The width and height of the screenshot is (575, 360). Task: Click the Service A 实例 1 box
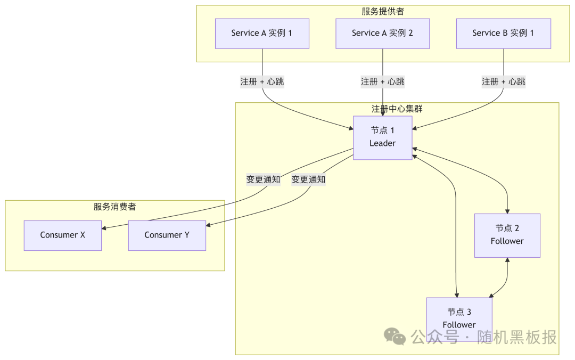pyautogui.click(x=262, y=34)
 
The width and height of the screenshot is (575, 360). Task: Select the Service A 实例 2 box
pyautogui.click(x=382, y=34)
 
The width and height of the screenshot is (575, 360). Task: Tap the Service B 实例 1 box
pyautogui.click(x=503, y=34)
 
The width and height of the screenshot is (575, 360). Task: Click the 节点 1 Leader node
pyautogui.click(x=382, y=137)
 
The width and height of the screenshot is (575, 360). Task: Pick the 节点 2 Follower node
pyautogui.click(x=507, y=235)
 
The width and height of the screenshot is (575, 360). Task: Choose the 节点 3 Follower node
pyautogui.click(x=459, y=318)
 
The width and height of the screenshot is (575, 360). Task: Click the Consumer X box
pyautogui.click(x=62, y=235)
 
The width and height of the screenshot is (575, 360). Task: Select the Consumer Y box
pyautogui.click(x=167, y=235)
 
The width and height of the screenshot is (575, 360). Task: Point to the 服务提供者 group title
pyautogui.click(x=382, y=11)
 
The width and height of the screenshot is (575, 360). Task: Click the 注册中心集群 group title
pyautogui.click(x=397, y=109)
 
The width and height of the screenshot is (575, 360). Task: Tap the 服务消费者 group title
pyautogui.click(x=114, y=207)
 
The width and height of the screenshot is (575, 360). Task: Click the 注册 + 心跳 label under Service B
pyautogui.click(x=503, y=81)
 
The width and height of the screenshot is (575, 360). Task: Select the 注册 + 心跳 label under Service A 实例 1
pyautogui.click(x=262, y=81)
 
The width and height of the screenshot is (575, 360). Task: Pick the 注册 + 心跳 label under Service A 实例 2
pyautogui.click(x=382, y=81)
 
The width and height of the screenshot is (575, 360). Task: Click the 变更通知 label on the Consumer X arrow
pyautogui.click(x=263, y=179)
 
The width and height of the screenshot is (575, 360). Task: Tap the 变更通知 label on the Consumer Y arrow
pyautogui.click(x=308, y=179)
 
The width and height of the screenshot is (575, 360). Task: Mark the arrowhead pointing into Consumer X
pyautogui.click(x=104, y=228)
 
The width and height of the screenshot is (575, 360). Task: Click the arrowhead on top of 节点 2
pyautogui.click(x=507, y=211)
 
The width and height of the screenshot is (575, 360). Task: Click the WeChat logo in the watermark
pyautogui.click(x=396, y=336)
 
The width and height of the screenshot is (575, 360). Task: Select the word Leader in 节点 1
pyautogui.click(x=382, y=143)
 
